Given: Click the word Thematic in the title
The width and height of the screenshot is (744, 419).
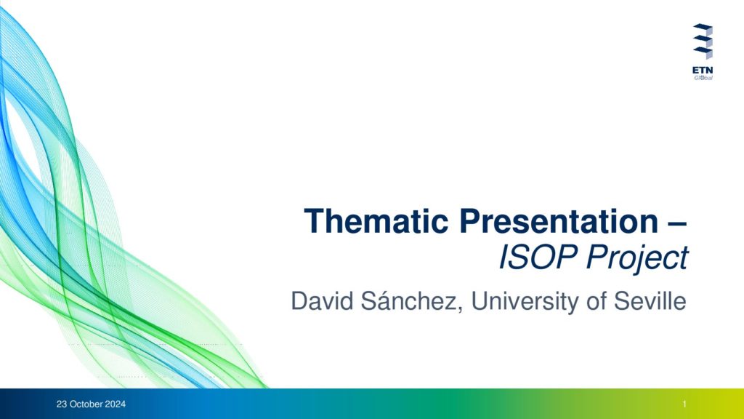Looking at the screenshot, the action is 376,221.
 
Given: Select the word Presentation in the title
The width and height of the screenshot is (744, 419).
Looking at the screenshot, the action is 559,221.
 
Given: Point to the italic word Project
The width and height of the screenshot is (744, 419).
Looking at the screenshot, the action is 637,259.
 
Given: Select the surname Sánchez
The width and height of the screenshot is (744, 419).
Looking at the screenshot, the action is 408,300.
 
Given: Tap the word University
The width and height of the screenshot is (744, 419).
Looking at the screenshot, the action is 525,302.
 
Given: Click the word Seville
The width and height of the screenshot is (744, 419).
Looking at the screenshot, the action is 650,300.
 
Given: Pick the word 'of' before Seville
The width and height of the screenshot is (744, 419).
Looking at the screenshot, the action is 597,300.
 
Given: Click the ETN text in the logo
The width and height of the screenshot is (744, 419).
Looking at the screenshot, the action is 703,71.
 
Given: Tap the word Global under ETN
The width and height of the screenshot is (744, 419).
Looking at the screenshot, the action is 703,77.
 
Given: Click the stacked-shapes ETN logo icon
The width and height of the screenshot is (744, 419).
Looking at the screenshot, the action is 703,41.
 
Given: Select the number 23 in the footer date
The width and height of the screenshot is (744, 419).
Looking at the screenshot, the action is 62,404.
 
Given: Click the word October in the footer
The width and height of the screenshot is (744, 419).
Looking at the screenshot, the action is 86,404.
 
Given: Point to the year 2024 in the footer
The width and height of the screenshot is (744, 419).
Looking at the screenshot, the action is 116,404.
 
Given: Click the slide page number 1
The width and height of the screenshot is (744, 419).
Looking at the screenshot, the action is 684,404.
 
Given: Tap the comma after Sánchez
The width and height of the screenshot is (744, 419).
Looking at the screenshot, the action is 460,310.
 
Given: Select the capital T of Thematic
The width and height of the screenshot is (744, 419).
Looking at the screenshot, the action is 313,221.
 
